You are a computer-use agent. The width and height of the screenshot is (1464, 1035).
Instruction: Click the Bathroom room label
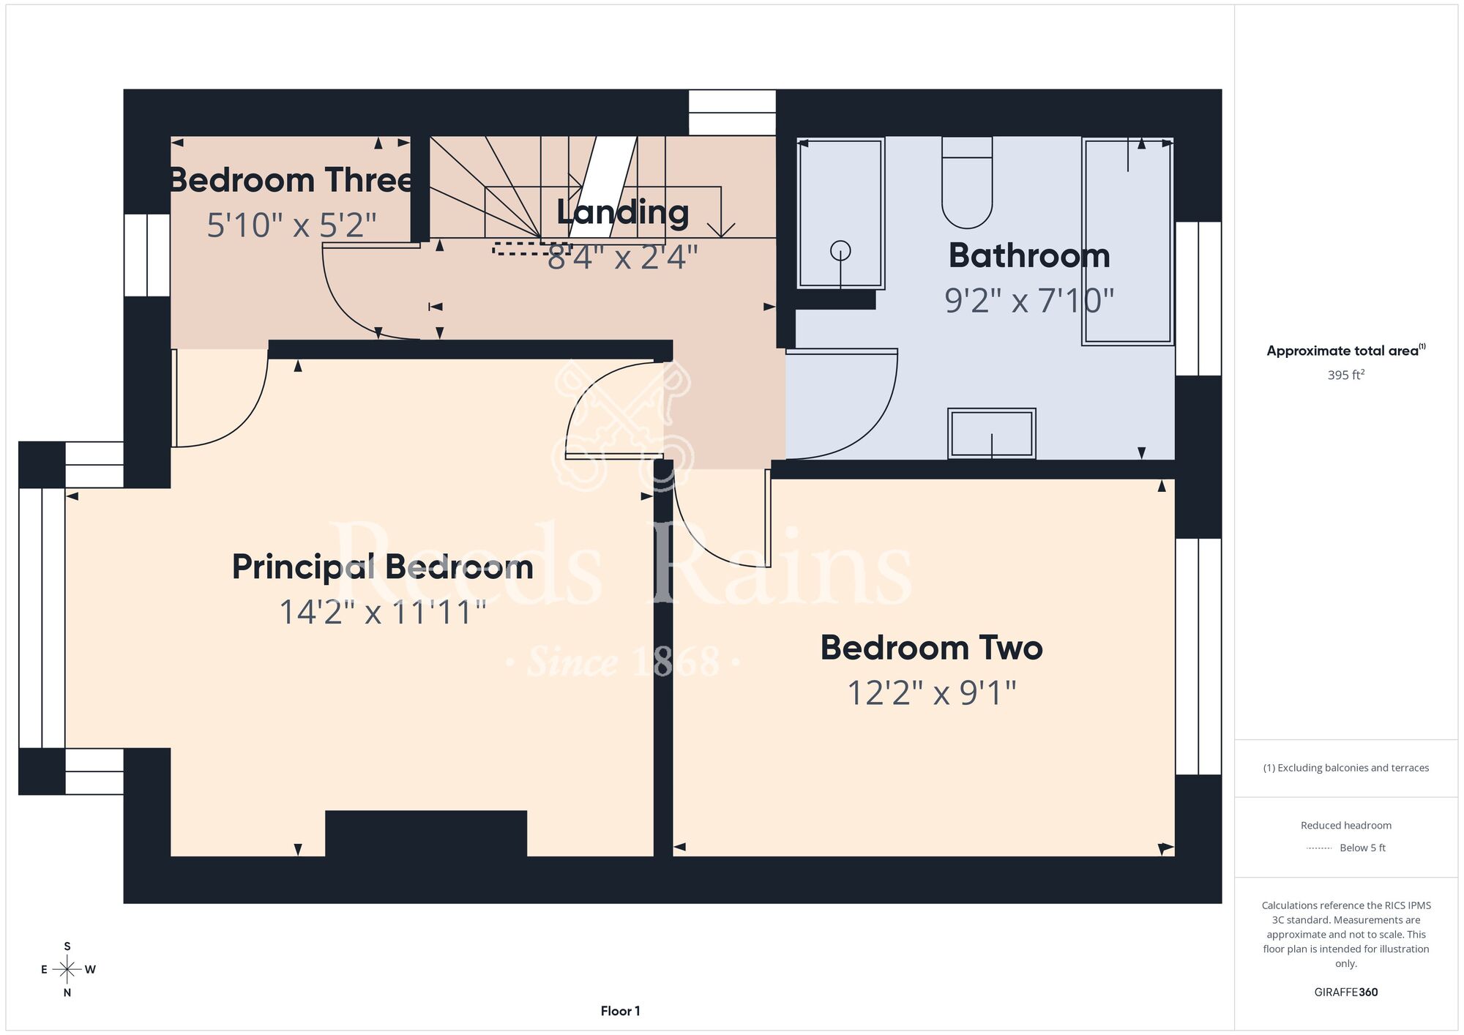(x=1029, y=255)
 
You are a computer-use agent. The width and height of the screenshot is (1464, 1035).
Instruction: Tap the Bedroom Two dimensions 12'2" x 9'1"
(x=932, y=692)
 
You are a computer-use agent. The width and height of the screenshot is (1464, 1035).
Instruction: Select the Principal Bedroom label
(x=383, y=567)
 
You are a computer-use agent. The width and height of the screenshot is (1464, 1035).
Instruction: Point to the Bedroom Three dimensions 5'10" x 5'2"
(x=291, y=225)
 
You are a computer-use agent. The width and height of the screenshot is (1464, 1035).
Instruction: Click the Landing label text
(x=623, y=212)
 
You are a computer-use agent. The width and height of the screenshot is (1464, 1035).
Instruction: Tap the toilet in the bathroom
(x=967, y=182)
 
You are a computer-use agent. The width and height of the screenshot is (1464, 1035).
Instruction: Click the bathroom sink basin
(x=992, y=433)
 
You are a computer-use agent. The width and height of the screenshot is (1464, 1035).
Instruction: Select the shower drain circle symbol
(x=840, y=250)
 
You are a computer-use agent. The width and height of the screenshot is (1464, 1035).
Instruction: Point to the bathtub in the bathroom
(x=1128, y=241)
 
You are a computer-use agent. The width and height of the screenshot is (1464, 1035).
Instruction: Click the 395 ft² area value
(x=1346, y=375)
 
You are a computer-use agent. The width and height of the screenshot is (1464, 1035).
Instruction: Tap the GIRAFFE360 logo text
(x=1346, y=993)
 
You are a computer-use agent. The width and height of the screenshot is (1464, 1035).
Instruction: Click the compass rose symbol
(x=67, y=970)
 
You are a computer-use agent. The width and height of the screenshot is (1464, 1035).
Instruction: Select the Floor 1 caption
(x=620, y=1011)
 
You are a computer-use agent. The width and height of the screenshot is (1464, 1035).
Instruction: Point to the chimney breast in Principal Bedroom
(x=426, y=833)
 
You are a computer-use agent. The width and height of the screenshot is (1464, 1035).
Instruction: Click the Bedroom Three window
(x=147, y=255)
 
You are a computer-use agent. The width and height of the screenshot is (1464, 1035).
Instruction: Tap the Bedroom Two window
(x=1198, y=657)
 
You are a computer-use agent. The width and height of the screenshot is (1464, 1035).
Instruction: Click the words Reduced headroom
(x=1346, y=826)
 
